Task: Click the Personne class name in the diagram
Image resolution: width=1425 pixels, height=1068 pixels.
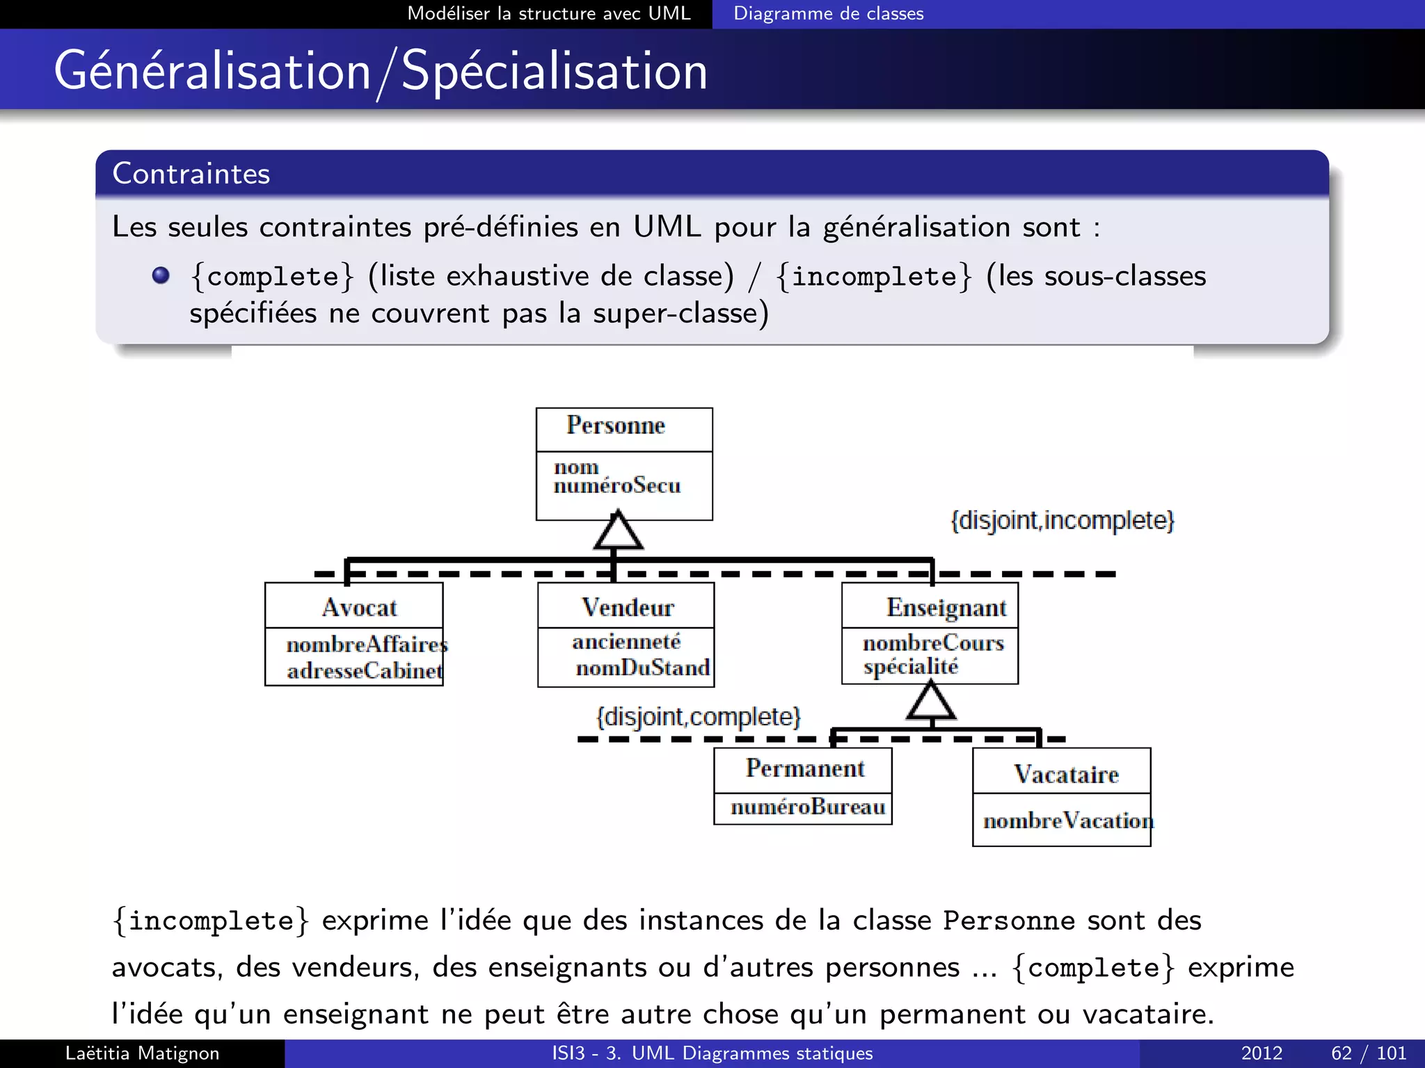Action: point(616,425)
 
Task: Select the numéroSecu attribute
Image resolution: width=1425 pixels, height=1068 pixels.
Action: point(617,485)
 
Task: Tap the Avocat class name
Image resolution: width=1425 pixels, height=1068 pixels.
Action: point(359,608)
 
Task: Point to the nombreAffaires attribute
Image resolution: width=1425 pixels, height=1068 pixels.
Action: point(367,645)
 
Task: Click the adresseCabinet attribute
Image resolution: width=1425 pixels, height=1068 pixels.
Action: point(365,671)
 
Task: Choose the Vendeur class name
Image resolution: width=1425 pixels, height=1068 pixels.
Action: point(628,608)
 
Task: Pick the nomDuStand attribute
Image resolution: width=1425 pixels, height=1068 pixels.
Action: point(642,668)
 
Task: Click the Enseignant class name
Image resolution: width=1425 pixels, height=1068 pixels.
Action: point(946,608)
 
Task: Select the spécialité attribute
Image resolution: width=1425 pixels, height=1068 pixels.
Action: point(911,667)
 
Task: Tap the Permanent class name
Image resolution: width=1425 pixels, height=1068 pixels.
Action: point(805,768)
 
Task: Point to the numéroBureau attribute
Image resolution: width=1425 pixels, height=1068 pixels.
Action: point(808,807)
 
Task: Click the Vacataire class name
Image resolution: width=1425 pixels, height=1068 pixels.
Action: point(1066,775)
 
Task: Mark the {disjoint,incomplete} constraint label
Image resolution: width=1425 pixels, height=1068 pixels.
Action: point(1062,520)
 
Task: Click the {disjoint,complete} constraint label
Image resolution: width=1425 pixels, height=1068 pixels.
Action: point(699,717)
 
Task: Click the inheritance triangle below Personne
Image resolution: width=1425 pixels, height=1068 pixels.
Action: point(618,532)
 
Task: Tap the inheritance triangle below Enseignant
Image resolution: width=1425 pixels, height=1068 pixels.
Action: point(931,701)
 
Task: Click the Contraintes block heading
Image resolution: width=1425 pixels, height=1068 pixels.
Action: point(191,174)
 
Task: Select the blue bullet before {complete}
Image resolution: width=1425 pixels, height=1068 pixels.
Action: point(161,275)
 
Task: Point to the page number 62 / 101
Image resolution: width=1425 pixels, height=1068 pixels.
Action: point(1368,1053)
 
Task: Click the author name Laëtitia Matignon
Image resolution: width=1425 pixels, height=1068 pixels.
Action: point(142,1053)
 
